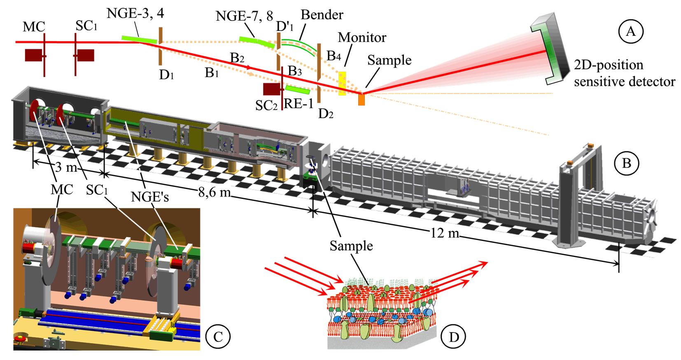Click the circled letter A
[630, 31]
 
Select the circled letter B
[626, 164]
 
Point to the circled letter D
[453, 337]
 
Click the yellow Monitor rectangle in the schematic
[342, 84]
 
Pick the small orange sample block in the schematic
[361, 99]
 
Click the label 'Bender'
[322, 15]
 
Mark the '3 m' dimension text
[65, 168]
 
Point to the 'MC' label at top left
[34, 27]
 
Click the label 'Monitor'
[362, 37]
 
